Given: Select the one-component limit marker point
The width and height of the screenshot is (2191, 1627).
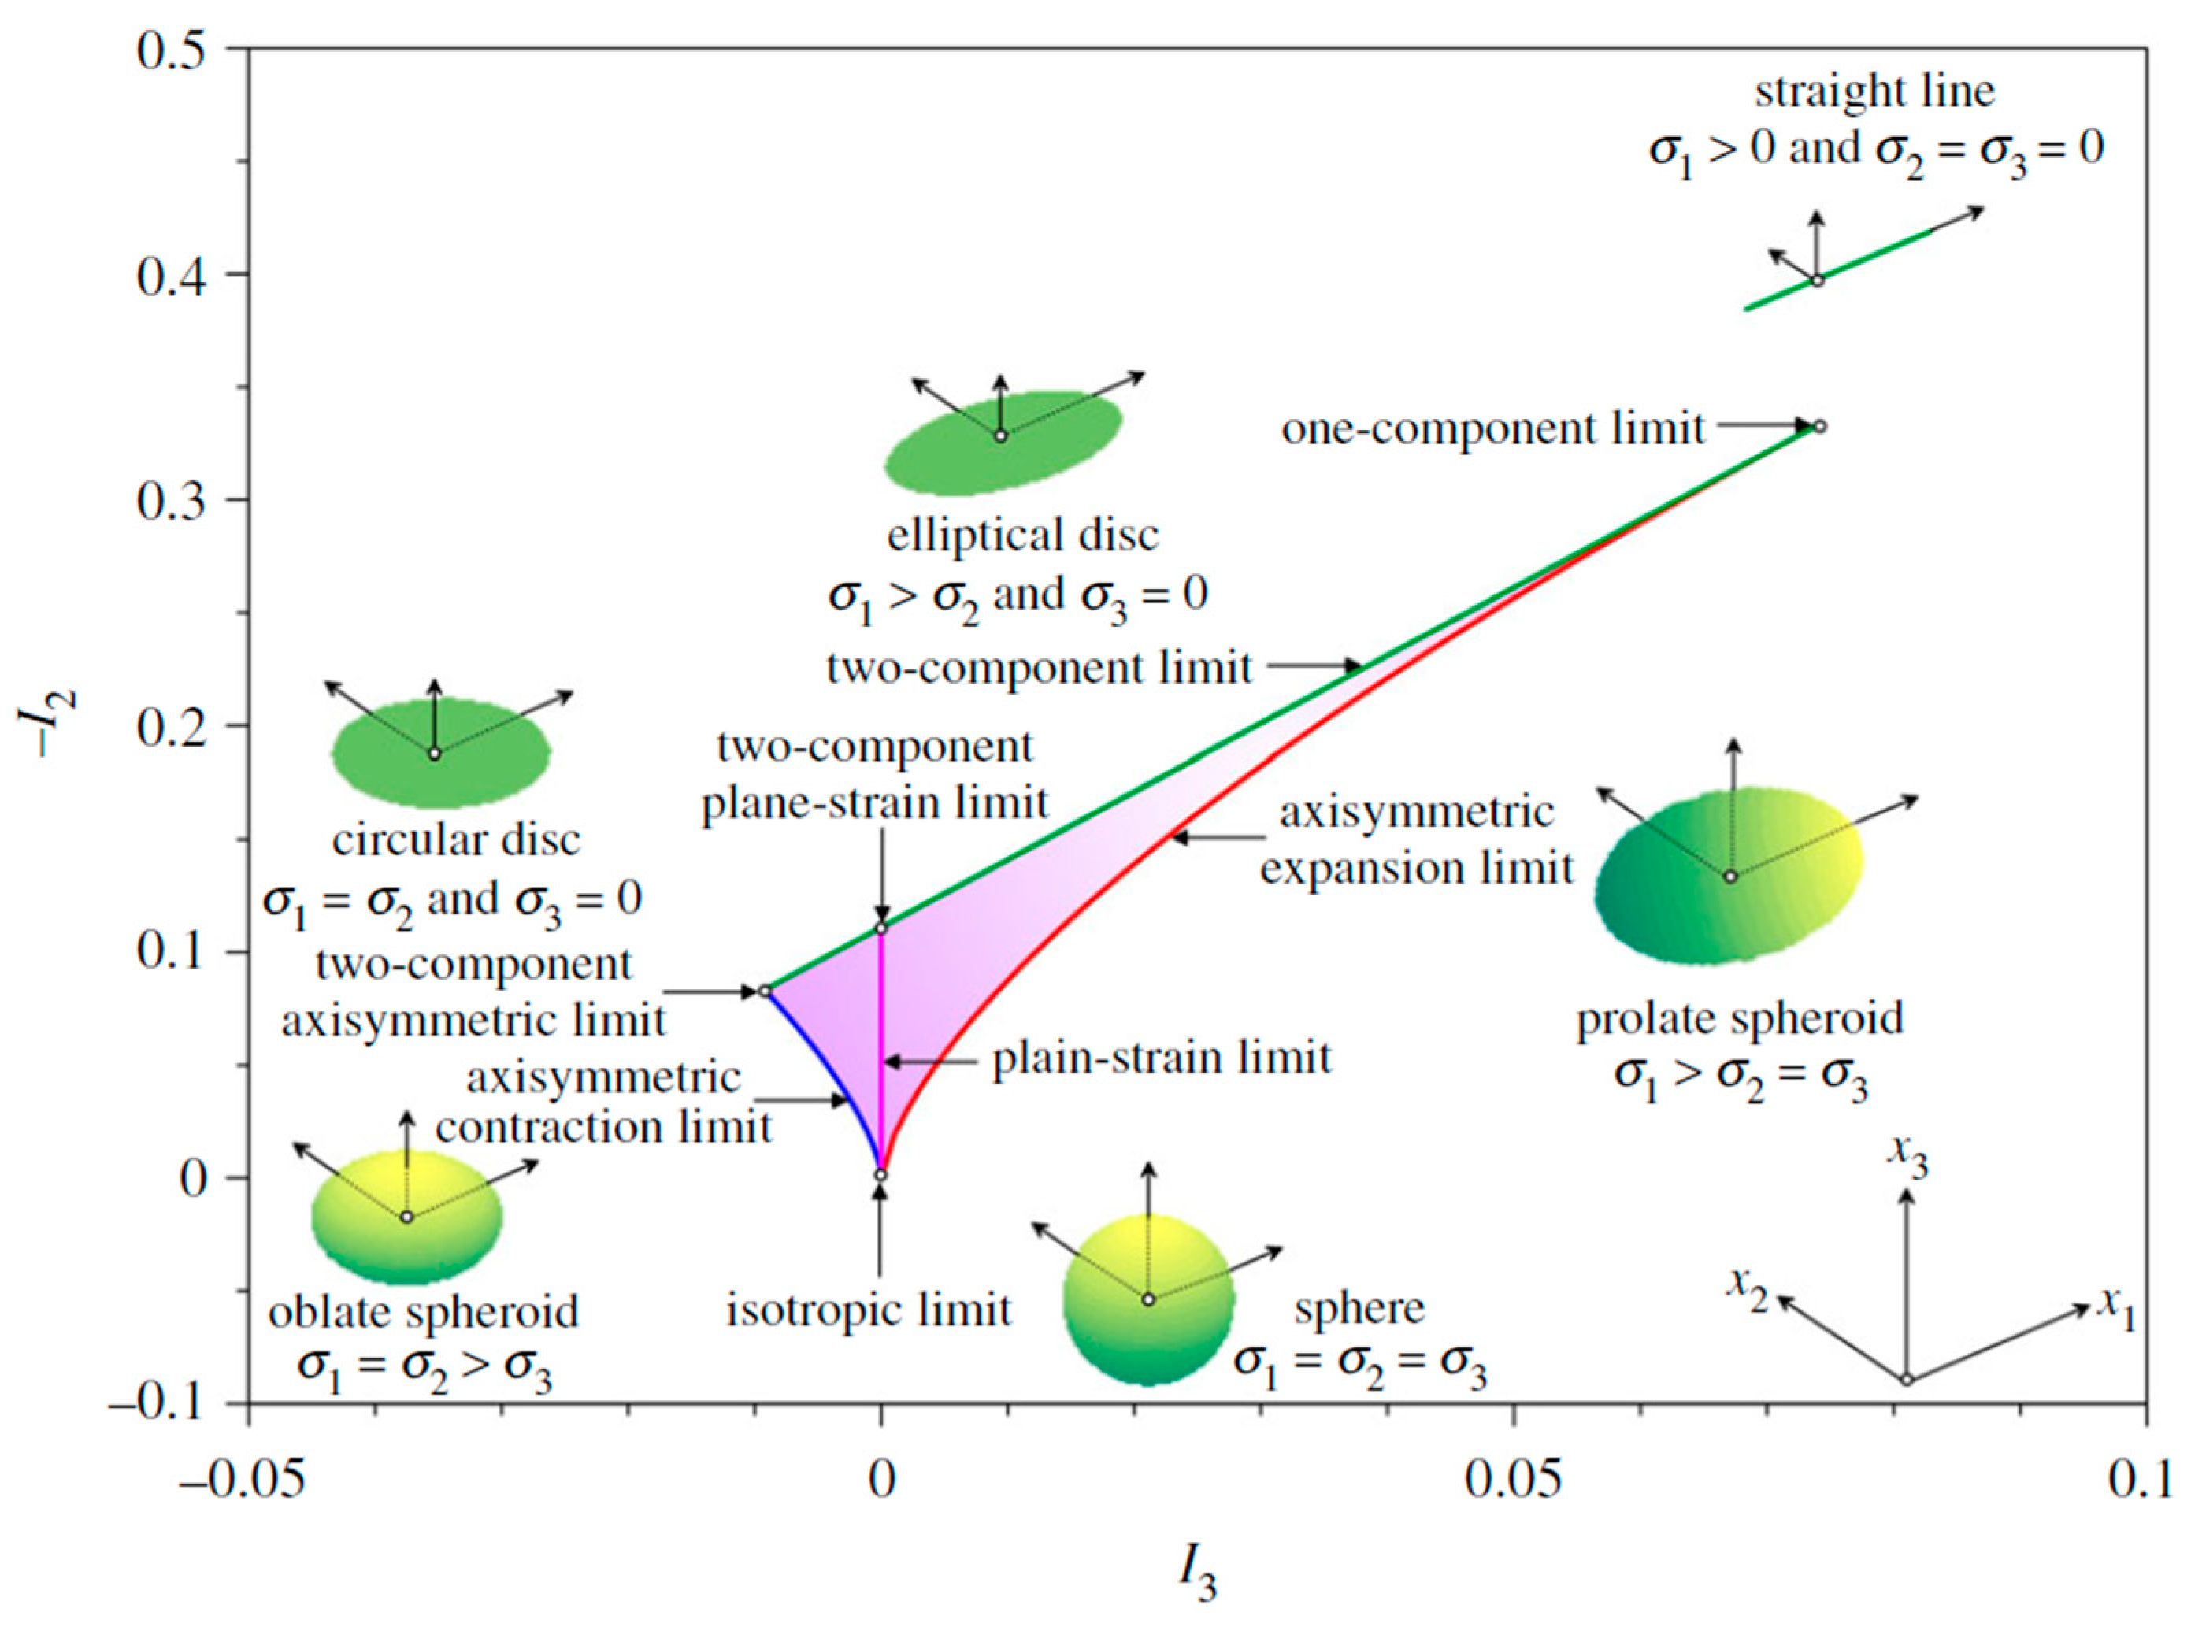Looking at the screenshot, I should pos(1820,427).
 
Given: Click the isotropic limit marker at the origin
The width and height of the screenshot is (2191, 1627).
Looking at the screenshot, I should pos(881,1175).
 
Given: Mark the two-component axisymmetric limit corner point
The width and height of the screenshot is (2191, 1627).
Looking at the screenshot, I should pos(764,991).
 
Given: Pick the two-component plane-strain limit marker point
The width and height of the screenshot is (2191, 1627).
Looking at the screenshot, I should pos(881,928).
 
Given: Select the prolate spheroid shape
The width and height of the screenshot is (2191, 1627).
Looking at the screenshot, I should pos(1728,877).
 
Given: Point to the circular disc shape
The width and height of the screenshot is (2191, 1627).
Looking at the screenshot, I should pos(440,754).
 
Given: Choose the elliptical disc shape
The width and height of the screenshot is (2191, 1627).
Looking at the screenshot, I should pos(1003,439).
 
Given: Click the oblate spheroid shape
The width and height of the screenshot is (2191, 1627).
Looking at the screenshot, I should pos(406,1219).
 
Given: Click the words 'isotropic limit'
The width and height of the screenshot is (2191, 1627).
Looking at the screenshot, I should pos(869,1310).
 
